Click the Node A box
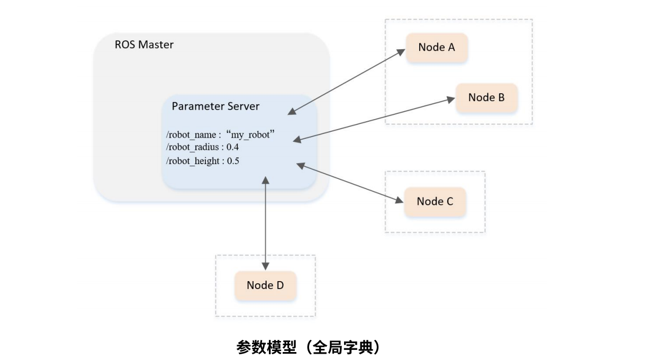[x=437, y=48]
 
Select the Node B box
[x=486, y=98]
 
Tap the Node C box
[x=435, y=202]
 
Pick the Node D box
[x=265, y=286]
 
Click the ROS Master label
[x=144, y=45]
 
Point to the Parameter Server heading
[x=215, y=106]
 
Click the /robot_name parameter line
[x=220, y=135]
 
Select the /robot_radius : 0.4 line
[x=202, y=147]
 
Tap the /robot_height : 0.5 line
[x=202, y=161]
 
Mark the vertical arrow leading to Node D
[x=266, y=222]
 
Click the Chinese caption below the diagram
[x=308, y=348]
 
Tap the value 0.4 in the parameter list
[x=233, y=147]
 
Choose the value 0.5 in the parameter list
[x=233, y=161]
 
